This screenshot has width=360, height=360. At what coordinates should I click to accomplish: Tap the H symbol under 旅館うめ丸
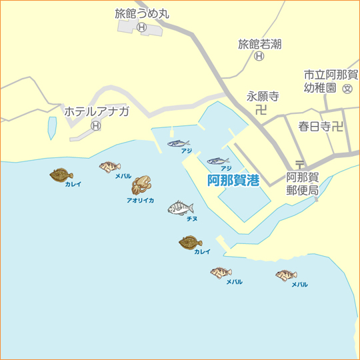[x=141, y=27]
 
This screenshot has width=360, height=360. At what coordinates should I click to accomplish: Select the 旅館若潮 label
[x=259, y=44]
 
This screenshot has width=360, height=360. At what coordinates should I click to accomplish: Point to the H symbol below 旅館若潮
[x=259, y=57]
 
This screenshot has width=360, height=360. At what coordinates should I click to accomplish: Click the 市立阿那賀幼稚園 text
[x=331, y=81]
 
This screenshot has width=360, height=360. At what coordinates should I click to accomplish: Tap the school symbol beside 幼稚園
[x=347, y=89]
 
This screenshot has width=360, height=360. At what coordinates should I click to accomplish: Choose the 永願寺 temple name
[x=262, y=96]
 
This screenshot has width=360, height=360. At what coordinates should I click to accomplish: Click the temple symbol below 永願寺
[x=261, y=109]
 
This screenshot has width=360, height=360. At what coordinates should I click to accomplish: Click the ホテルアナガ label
[x=97, y=111]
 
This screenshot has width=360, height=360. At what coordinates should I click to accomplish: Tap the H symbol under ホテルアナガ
[x=96, y=125]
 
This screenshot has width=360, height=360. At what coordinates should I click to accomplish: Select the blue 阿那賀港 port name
[x=233, y=180]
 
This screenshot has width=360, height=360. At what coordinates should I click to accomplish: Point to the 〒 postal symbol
[x=299, y=164]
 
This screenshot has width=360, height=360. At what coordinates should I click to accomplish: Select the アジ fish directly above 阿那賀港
[x=219, y=161]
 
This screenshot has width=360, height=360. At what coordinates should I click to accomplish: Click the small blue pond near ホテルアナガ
[x=52, y=128]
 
